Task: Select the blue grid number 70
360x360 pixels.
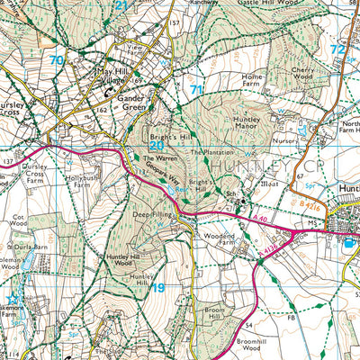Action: [x=58, y=60]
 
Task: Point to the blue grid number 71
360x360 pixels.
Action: [x=196, y=90]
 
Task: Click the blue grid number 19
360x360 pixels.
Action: [x=158, y=287]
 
